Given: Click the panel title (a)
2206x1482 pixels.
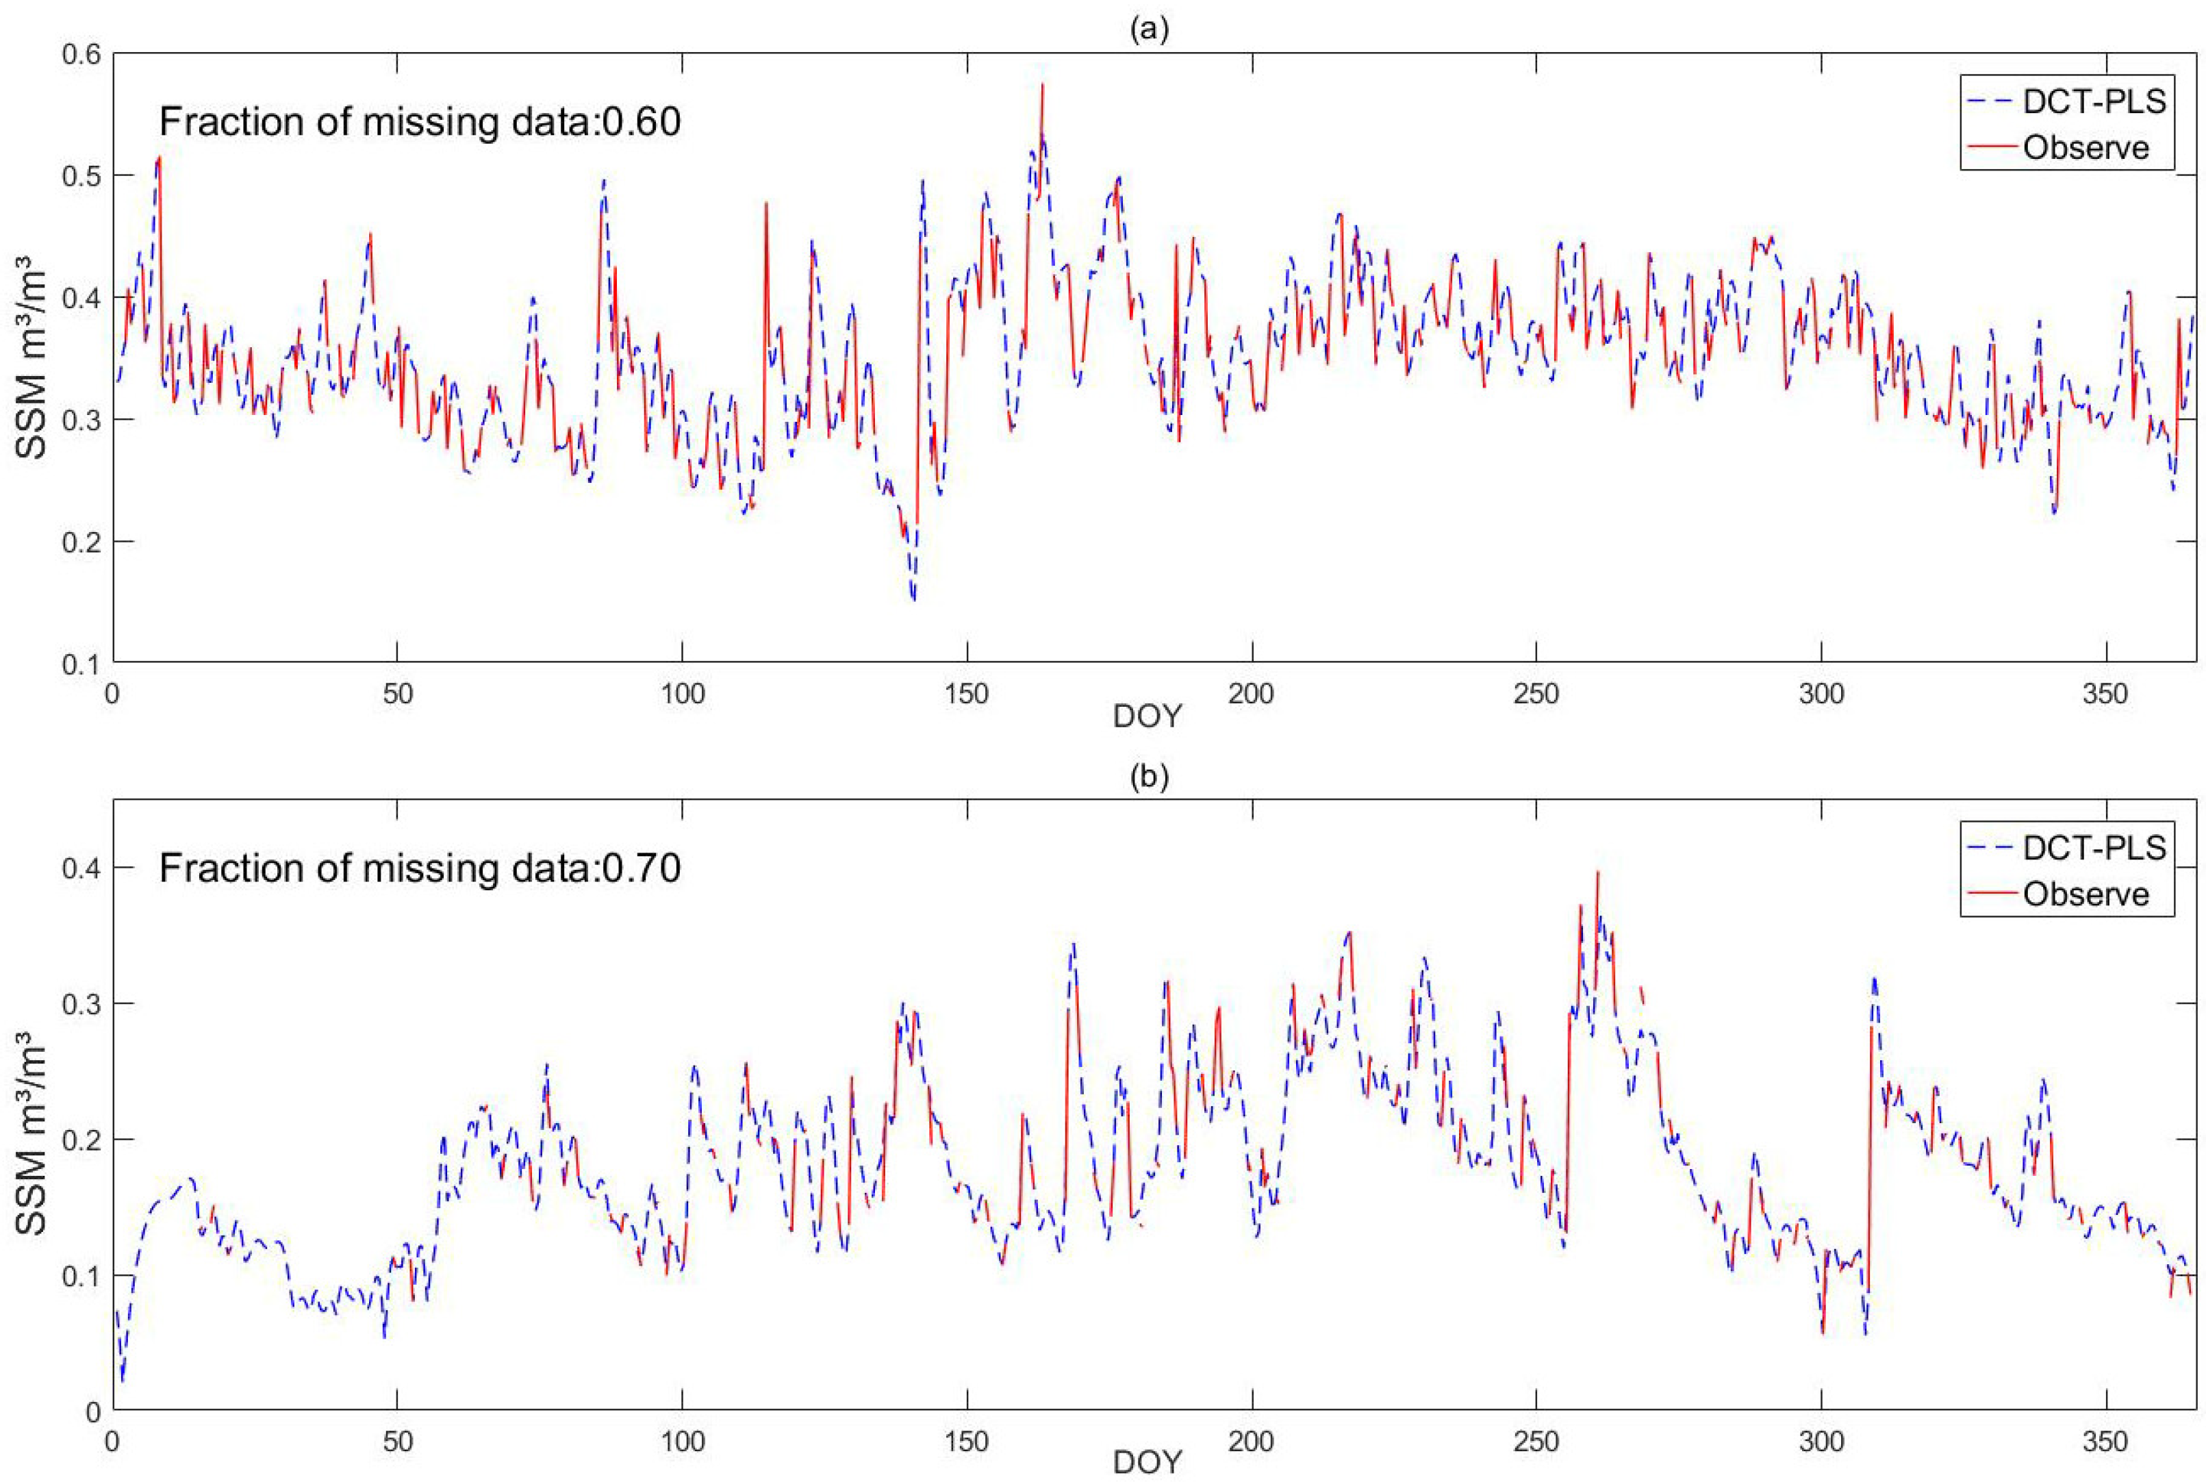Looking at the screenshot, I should (1149, 30).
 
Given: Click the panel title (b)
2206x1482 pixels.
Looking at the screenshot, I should (1149, 777).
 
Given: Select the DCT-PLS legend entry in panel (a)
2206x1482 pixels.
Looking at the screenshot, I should (2092, 102).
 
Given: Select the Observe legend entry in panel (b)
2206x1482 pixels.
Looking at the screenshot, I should (2085, 894).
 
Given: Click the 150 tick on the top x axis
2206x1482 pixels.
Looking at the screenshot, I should (967, 694).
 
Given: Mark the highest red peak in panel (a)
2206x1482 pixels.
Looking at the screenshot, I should (1042, 85).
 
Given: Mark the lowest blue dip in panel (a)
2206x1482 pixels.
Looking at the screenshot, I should (913, 599).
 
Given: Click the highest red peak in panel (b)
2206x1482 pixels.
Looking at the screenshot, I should (1597, 872).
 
